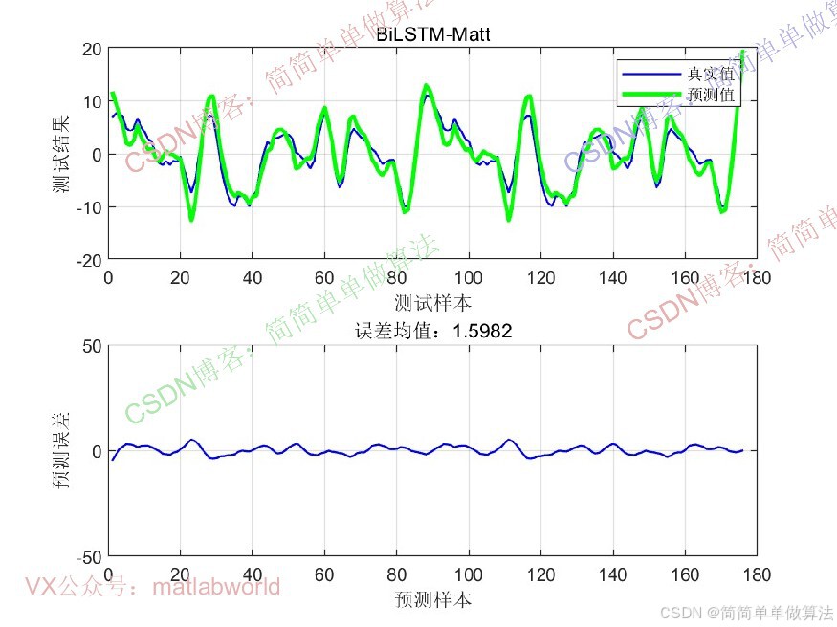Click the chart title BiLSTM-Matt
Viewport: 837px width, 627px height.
click(432, 35)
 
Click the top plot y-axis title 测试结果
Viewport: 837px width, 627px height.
click(61, 153)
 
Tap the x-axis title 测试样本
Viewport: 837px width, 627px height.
click(432, 303)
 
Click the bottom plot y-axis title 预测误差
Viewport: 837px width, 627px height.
click(61, 451)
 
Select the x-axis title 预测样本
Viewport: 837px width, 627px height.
click(432, 600)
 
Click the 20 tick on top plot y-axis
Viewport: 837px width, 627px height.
click(91, 49)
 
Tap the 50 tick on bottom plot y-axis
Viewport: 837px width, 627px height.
click(91, 346)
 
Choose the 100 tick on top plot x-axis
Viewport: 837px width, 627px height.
click(469, 278)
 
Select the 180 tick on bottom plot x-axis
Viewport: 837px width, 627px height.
click(757, 575)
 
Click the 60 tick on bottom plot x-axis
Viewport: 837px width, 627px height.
click(324, 575)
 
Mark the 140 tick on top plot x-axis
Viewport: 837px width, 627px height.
click(612, 278)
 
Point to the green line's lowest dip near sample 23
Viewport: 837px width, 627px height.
click(191, 220)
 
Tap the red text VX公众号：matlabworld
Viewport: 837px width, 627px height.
click(153, 586)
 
